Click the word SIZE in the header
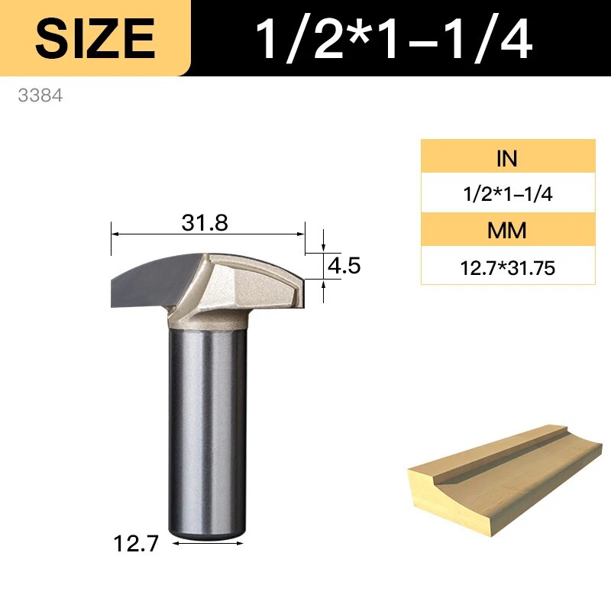click(x=95, y=39)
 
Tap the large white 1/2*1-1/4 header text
click(x=393, y=39)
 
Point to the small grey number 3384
click(x=40, y=95)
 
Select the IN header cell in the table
click(x=508, y=157)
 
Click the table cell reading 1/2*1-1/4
click(x=508, y=193)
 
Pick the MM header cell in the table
click(x=508, y=230)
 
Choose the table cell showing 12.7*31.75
click(x=508, y=267)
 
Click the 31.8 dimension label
click(x=205, y=223)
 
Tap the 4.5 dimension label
click(x=344, y=266)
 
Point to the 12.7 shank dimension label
click(x=136, y=543)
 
